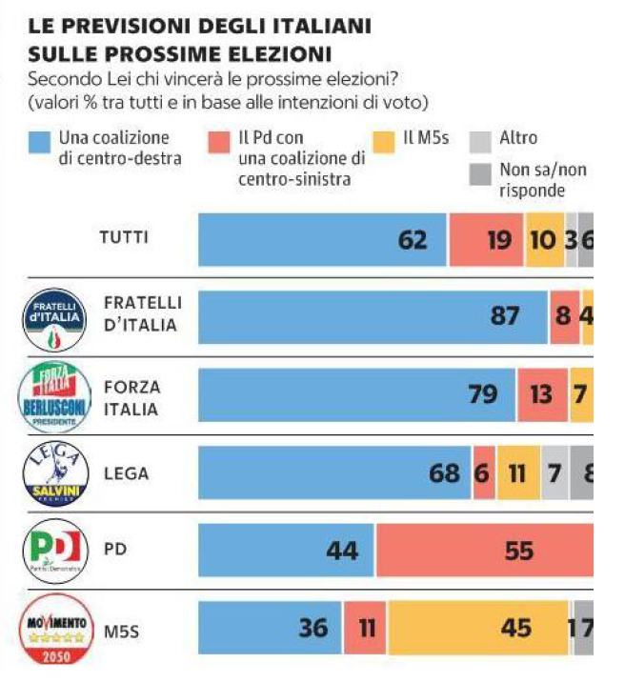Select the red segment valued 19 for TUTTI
coord(486,239)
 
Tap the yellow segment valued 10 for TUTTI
coord(543,239)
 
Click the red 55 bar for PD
coord(484,551)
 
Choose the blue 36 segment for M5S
coord(271,629)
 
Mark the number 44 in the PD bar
coord(328,551)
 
